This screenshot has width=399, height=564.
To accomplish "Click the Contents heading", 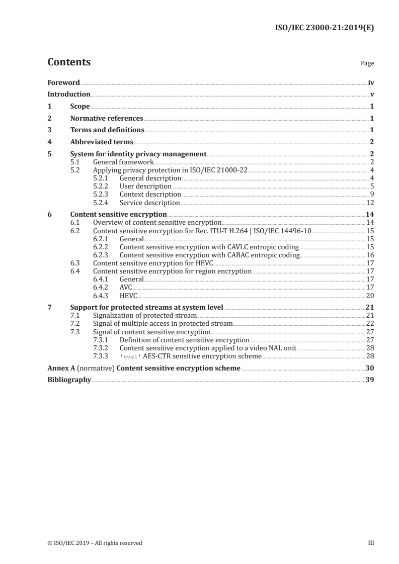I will tap(69, 62).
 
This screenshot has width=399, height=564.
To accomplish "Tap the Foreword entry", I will tap(63, 82).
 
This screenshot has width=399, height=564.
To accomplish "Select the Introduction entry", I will tap(69, 94).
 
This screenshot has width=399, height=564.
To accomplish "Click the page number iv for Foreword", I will tap(370, 82).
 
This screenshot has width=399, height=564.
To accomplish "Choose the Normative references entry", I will tap(107, 118).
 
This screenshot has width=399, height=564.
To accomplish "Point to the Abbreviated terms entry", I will tap(102, 142).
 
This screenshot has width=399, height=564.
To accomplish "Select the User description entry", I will tap(145, 186).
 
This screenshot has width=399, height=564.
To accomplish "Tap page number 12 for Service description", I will tap(370, 203).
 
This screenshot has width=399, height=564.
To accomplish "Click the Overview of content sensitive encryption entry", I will tap(157, 223).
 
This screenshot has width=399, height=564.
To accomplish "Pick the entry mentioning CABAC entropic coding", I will tap(209, 255).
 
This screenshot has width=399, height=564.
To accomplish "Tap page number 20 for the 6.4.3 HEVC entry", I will tap(370, 295).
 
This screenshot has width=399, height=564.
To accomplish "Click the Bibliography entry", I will tap(69, 380).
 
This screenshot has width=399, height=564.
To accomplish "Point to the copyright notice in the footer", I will tap(95, 542).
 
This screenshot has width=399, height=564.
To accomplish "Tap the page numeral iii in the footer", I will tap(371, 542).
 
